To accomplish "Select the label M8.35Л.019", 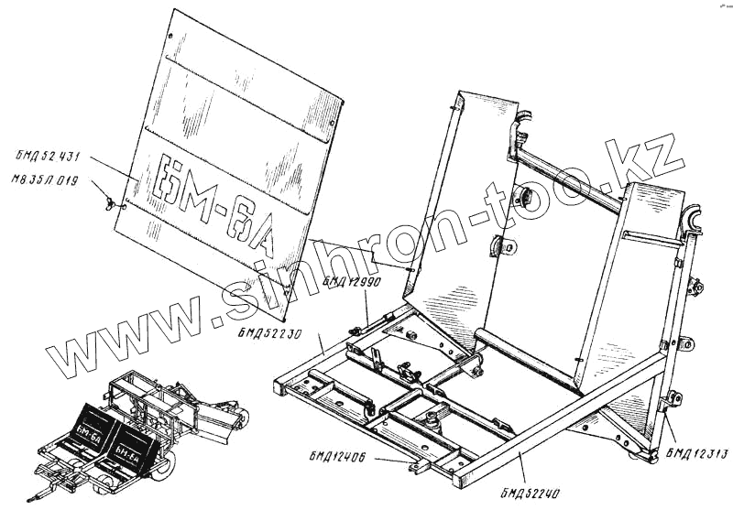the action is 45,180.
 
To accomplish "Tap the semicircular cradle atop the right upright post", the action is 691,220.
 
